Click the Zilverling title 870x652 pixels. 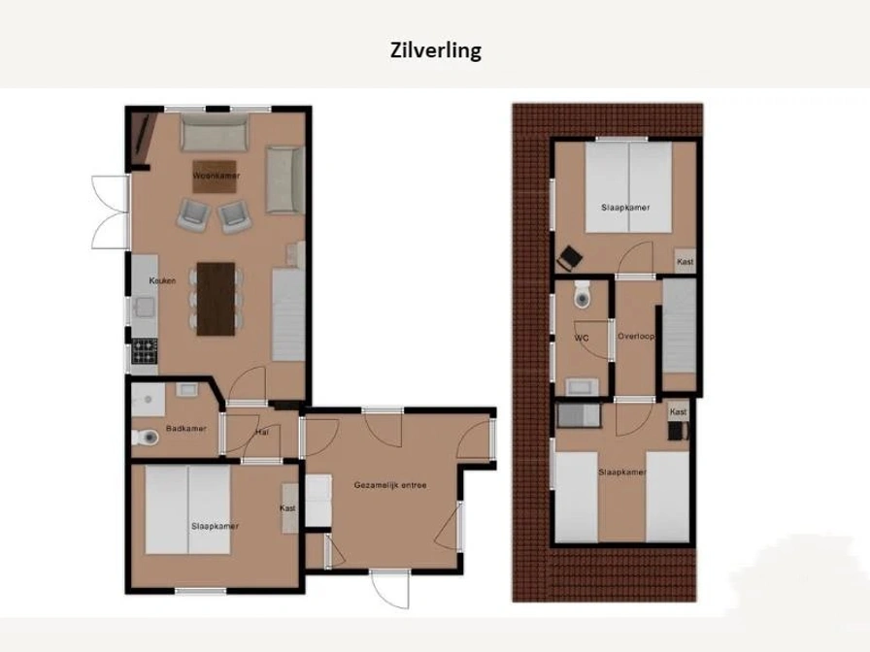tap(436, 50)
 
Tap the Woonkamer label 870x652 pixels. tap(217, 176)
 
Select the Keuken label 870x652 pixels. tap(162, 280)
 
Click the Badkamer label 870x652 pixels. tap(185, 429)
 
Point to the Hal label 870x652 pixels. tap(262, 432)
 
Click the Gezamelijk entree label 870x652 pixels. tap(390, 485)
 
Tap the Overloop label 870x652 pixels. tap(636, 336)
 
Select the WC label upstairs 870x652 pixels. tap(582, 338)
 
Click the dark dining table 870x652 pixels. tap(216, 299)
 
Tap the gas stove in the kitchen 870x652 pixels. tap(145, 351)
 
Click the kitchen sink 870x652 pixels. tap(146, 307)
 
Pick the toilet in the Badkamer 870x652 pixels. tap(146, 438)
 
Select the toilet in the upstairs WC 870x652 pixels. tap(582, 294)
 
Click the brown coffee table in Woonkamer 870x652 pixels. tap(215, 177)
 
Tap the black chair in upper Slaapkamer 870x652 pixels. tap(569, 258)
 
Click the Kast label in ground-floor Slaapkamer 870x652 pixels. tap(287, 508)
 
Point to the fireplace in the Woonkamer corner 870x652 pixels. tap(141, 139)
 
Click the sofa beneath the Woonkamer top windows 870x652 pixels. tap(215, 133)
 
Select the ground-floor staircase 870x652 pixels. tap(288, 314)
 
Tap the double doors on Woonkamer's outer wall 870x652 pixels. tap(111, 212)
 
